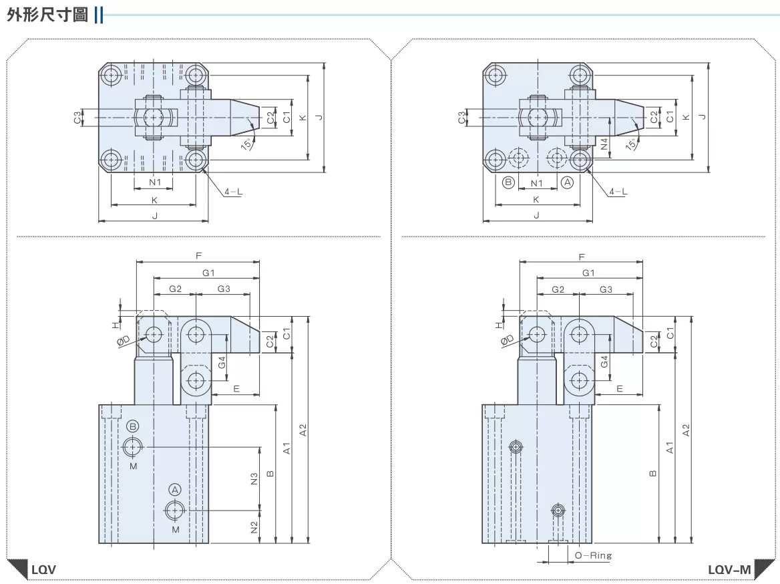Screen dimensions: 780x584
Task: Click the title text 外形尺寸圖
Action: [x=47, y=15]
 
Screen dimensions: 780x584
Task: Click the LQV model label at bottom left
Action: [x=44, y=569]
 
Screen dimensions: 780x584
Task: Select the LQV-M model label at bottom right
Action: [x=729, y=569]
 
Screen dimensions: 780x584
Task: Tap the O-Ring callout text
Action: [x=593, y=555]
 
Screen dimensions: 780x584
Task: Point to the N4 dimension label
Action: [x=604, y=144]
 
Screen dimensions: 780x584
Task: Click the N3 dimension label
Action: [x=254, y=478]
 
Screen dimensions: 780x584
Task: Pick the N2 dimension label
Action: [x=254, y=527]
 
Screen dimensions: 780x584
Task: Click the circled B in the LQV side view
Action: [x=133, y=426]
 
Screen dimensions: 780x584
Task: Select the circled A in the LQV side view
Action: [x=175, y=489]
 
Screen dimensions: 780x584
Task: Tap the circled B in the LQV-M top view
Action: [x=508, y=182]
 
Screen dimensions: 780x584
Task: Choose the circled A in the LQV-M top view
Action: [x=568, y=182]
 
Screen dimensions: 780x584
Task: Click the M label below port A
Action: [x=176, y=530]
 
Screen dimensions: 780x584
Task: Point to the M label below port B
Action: [x=134, y=466]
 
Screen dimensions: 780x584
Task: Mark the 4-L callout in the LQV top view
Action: [x=233, y=192]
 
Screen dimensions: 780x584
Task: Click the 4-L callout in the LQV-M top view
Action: [x=618, y=192]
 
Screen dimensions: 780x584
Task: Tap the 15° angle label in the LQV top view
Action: [x=246, y=144]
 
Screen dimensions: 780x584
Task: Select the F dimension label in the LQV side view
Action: [x=198, y=256]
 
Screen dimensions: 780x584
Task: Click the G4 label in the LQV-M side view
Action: [x=604, y=361]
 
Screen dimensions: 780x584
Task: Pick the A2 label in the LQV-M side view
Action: [x=686, y=430]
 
